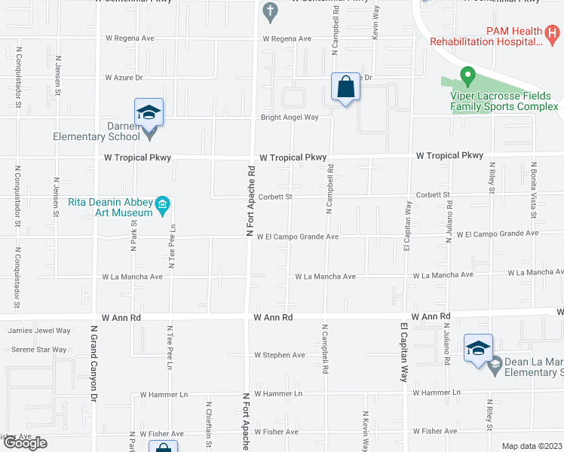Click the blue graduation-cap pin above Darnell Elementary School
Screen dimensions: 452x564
coord(149,113)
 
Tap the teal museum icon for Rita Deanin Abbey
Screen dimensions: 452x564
coord(162,204)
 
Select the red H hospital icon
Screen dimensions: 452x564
coord(553,34)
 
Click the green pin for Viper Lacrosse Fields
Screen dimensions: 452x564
coord(467,77)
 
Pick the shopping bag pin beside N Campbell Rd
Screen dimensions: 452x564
coord(345,87)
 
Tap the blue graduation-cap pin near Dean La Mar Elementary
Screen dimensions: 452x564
coord(478,348)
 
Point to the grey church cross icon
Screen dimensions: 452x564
coord(270,11)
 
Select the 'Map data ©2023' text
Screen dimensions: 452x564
coord(532,446)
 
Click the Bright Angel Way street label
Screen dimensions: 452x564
coord(290,118)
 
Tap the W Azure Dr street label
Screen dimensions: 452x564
coord(124,78)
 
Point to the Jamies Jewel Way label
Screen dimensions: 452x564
coord(39,331)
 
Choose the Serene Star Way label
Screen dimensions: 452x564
coord(38,350)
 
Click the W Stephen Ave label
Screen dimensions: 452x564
coord(279,355)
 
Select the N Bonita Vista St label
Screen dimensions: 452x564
coord(533,191)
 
